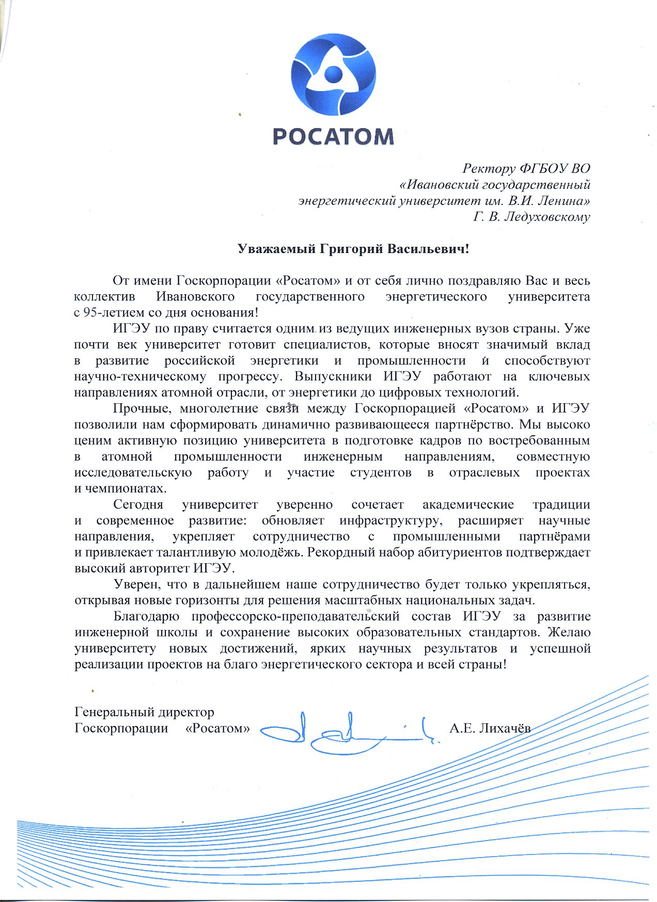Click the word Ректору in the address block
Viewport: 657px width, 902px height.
tap(489, 168)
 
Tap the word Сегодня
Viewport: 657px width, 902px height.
tap(138, 504)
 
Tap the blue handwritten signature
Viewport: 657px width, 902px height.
tap(346, 732)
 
